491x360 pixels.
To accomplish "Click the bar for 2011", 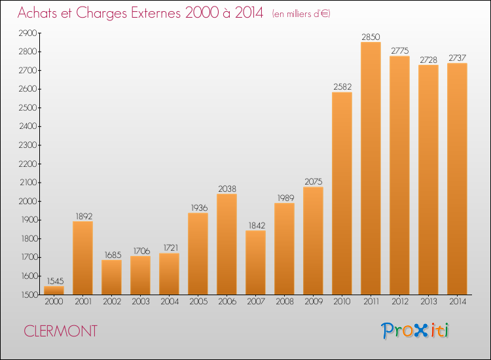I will pyautogui.click(x=371, y=168).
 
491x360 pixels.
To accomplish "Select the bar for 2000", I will pyautogui.click(x=54, y=290).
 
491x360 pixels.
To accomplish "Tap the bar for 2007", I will pyautogui.click(x=255, y=262).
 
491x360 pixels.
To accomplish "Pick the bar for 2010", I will pyautogui.click(x=342, y=193).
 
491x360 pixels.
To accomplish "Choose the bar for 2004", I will pyautogui.click(x=169, y=274).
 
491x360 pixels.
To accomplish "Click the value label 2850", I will pyautogui.click(x=371, y=37).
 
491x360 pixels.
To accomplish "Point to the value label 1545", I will pyautogui.click(x=54, y=281).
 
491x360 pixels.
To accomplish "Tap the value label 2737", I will pyautogui.click(x=457, y=58).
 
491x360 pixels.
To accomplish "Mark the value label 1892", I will pyautogui.click(x=82, y=216).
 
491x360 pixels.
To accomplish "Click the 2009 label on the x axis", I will pyautogui.click(x=313, y=302).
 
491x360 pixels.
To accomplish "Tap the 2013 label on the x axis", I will pyautogui.click(x=428, y=302).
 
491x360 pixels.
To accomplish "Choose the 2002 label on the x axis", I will pyautogui.click(x=111, y=302).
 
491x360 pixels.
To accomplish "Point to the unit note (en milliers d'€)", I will pyautogui.click(x=300, y=14).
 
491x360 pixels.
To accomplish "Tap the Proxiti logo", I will pyautogui.click(x=415, y=331).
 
